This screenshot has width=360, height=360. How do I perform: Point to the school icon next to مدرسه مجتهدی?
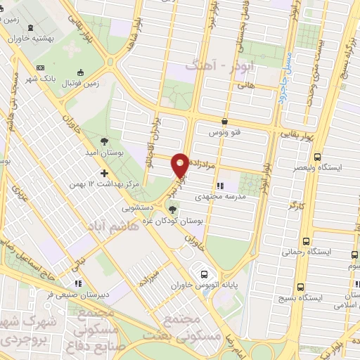click(220, 186)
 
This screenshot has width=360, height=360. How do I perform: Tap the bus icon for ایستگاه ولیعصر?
click(317, 157)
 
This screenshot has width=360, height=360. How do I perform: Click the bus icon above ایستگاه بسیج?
click(301, 287)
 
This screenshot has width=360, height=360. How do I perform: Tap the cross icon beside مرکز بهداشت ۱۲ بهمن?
click(104, 172)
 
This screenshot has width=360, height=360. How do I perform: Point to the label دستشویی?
click(140, 207)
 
